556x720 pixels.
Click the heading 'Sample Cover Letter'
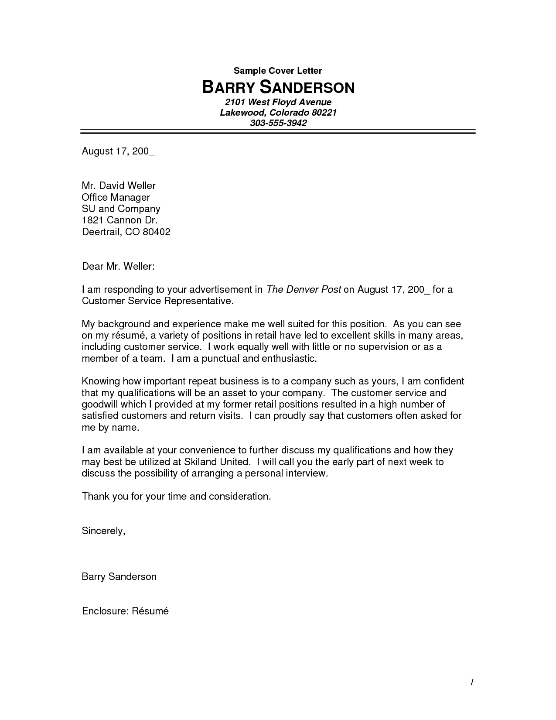coord(278,71)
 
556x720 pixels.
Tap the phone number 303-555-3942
coord(278,123)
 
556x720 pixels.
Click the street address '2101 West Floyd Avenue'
coord(278,102)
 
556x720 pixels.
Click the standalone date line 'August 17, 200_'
coord(118,152)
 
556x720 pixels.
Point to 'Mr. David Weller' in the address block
coord(119,186)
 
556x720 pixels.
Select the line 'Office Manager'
coord(116,197)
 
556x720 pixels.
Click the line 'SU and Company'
coord(121,209)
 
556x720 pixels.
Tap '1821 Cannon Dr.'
coord(120,220)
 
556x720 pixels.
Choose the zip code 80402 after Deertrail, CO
coord(156,232)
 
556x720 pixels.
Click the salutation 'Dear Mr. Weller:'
coord(118,266)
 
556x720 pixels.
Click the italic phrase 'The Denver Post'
coord(304,289)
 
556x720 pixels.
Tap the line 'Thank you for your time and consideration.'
coord(176,497)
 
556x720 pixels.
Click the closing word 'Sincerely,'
coord(104,531)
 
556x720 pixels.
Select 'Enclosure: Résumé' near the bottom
coord(125,611)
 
